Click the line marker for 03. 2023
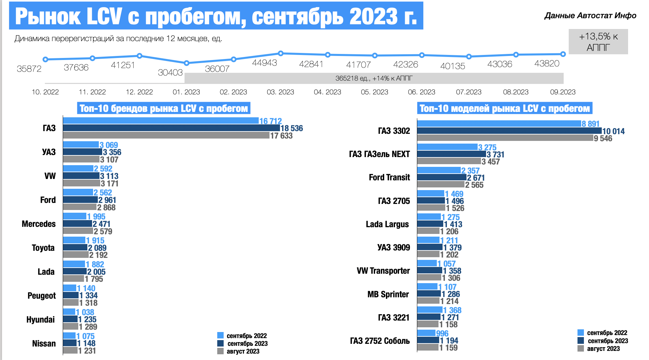click(x=281, y=53)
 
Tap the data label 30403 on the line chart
click(x=170, y=72)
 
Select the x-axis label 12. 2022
click(x=139, y=92)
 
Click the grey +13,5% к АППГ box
click(x=598, y=42)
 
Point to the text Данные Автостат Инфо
click(x=590, y=16)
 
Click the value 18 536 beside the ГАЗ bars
click(x=292, y=128)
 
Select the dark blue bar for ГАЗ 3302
click(x=509, y=131)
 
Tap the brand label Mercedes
click(x=39, y=224)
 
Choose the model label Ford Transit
click(x=389, y=177)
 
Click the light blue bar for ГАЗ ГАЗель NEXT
click(x=447, y=147)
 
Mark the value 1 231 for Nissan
click(x=87, y=351)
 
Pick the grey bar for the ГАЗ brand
click(x=166, y=136)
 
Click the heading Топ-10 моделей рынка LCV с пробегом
click(x=505, y=109)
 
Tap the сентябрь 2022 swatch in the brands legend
click(x=221, y=335)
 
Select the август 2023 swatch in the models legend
click(x=581, y=349)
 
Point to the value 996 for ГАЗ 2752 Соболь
click(x=442, y=333)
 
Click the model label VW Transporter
click(x=383, y=271)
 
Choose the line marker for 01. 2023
click(x=187, y=63)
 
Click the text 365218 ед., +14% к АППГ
click(x=374, y=79)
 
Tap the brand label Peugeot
click(x=41, y=296)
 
